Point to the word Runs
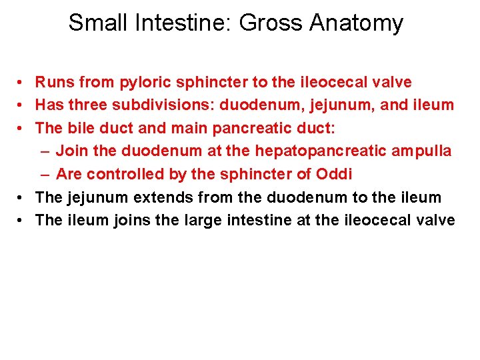coord(54,83)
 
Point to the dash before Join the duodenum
coord(44,151)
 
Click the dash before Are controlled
coord(44,174)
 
